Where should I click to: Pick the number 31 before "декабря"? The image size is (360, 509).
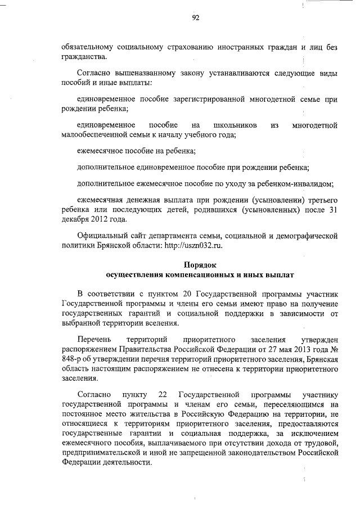coord(332,209)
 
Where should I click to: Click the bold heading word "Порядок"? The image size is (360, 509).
coord(200,265)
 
